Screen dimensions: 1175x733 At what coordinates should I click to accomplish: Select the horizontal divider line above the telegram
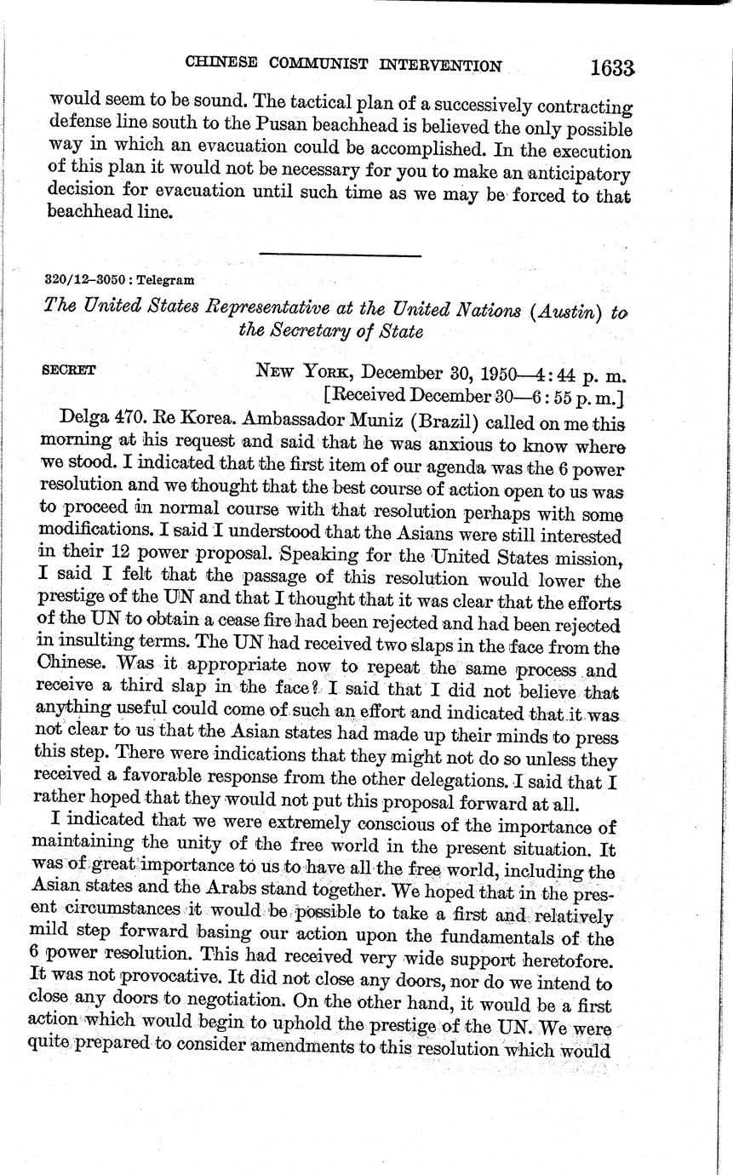(x=340, y=254)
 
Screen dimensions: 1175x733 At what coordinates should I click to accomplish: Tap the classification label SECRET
(x=68, y=370)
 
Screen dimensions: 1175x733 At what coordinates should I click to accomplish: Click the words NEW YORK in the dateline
(x=303, y=373)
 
